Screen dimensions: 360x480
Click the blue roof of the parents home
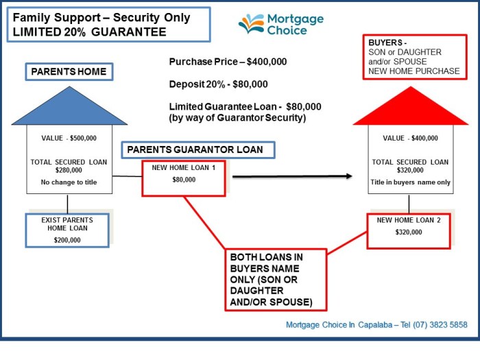[x=69, y=109]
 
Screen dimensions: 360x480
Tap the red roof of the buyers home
[x=409, y=110]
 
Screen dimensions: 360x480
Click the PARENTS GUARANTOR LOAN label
[x=198, y=150]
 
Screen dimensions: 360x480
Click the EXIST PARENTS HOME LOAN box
[x=67, y=230]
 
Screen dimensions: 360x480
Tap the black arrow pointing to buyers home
[x=292, y=177]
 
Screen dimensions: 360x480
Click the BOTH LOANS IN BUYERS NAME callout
[x=276, y=280]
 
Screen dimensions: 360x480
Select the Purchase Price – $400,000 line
[x=228, y=62]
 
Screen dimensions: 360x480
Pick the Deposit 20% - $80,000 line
[x=219, y=84]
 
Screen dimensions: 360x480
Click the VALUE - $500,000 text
[x=69, y=139]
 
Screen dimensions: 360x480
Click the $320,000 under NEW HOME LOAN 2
[x=409, y=232]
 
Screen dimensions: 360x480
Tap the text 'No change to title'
[x=69, y=182]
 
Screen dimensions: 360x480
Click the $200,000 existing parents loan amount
[x=67, y=240]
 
